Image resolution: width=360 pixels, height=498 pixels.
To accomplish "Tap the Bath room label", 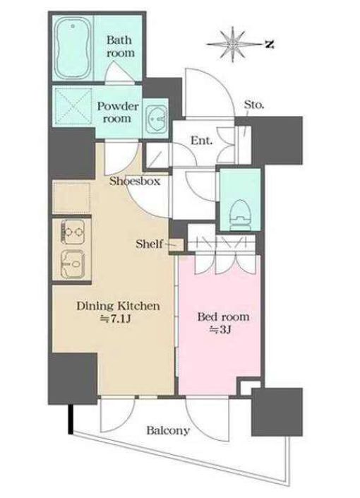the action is (x=120, y=47).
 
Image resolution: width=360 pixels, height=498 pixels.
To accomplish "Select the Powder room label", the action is (x=118, y=112).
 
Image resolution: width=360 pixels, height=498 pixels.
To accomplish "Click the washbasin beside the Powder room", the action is (x=157, y=118).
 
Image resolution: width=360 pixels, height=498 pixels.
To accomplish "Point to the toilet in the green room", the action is (x=240, y=215).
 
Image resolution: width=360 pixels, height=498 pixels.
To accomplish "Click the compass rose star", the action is (x=234, y=44).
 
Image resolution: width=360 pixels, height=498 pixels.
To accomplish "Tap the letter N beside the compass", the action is (x=270, y=45).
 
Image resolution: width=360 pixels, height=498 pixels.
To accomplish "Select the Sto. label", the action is (x=253, y=104).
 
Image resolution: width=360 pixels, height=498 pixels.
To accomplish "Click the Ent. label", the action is (x=201, y=140).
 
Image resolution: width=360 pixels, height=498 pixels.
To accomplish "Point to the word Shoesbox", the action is (x=135, y=181).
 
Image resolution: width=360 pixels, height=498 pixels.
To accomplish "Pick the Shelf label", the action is (x=149, y=244).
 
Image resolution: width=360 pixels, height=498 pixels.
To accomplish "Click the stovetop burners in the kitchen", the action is (x=73, y=232).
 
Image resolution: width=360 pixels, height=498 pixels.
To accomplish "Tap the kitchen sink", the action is (x=73, y=264).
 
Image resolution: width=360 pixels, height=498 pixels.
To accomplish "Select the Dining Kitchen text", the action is (x=118, y=306).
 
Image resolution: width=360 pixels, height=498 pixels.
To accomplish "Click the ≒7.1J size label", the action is (x=115, y=319).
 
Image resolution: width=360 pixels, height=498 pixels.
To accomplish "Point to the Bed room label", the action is (x=223, y=316).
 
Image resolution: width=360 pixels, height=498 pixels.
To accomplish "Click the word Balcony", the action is (x=168, y=431).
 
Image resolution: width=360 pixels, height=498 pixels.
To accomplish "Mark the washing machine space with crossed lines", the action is (x=73, y=106).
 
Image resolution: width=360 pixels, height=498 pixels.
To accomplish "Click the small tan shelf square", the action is (x=176, y=245).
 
